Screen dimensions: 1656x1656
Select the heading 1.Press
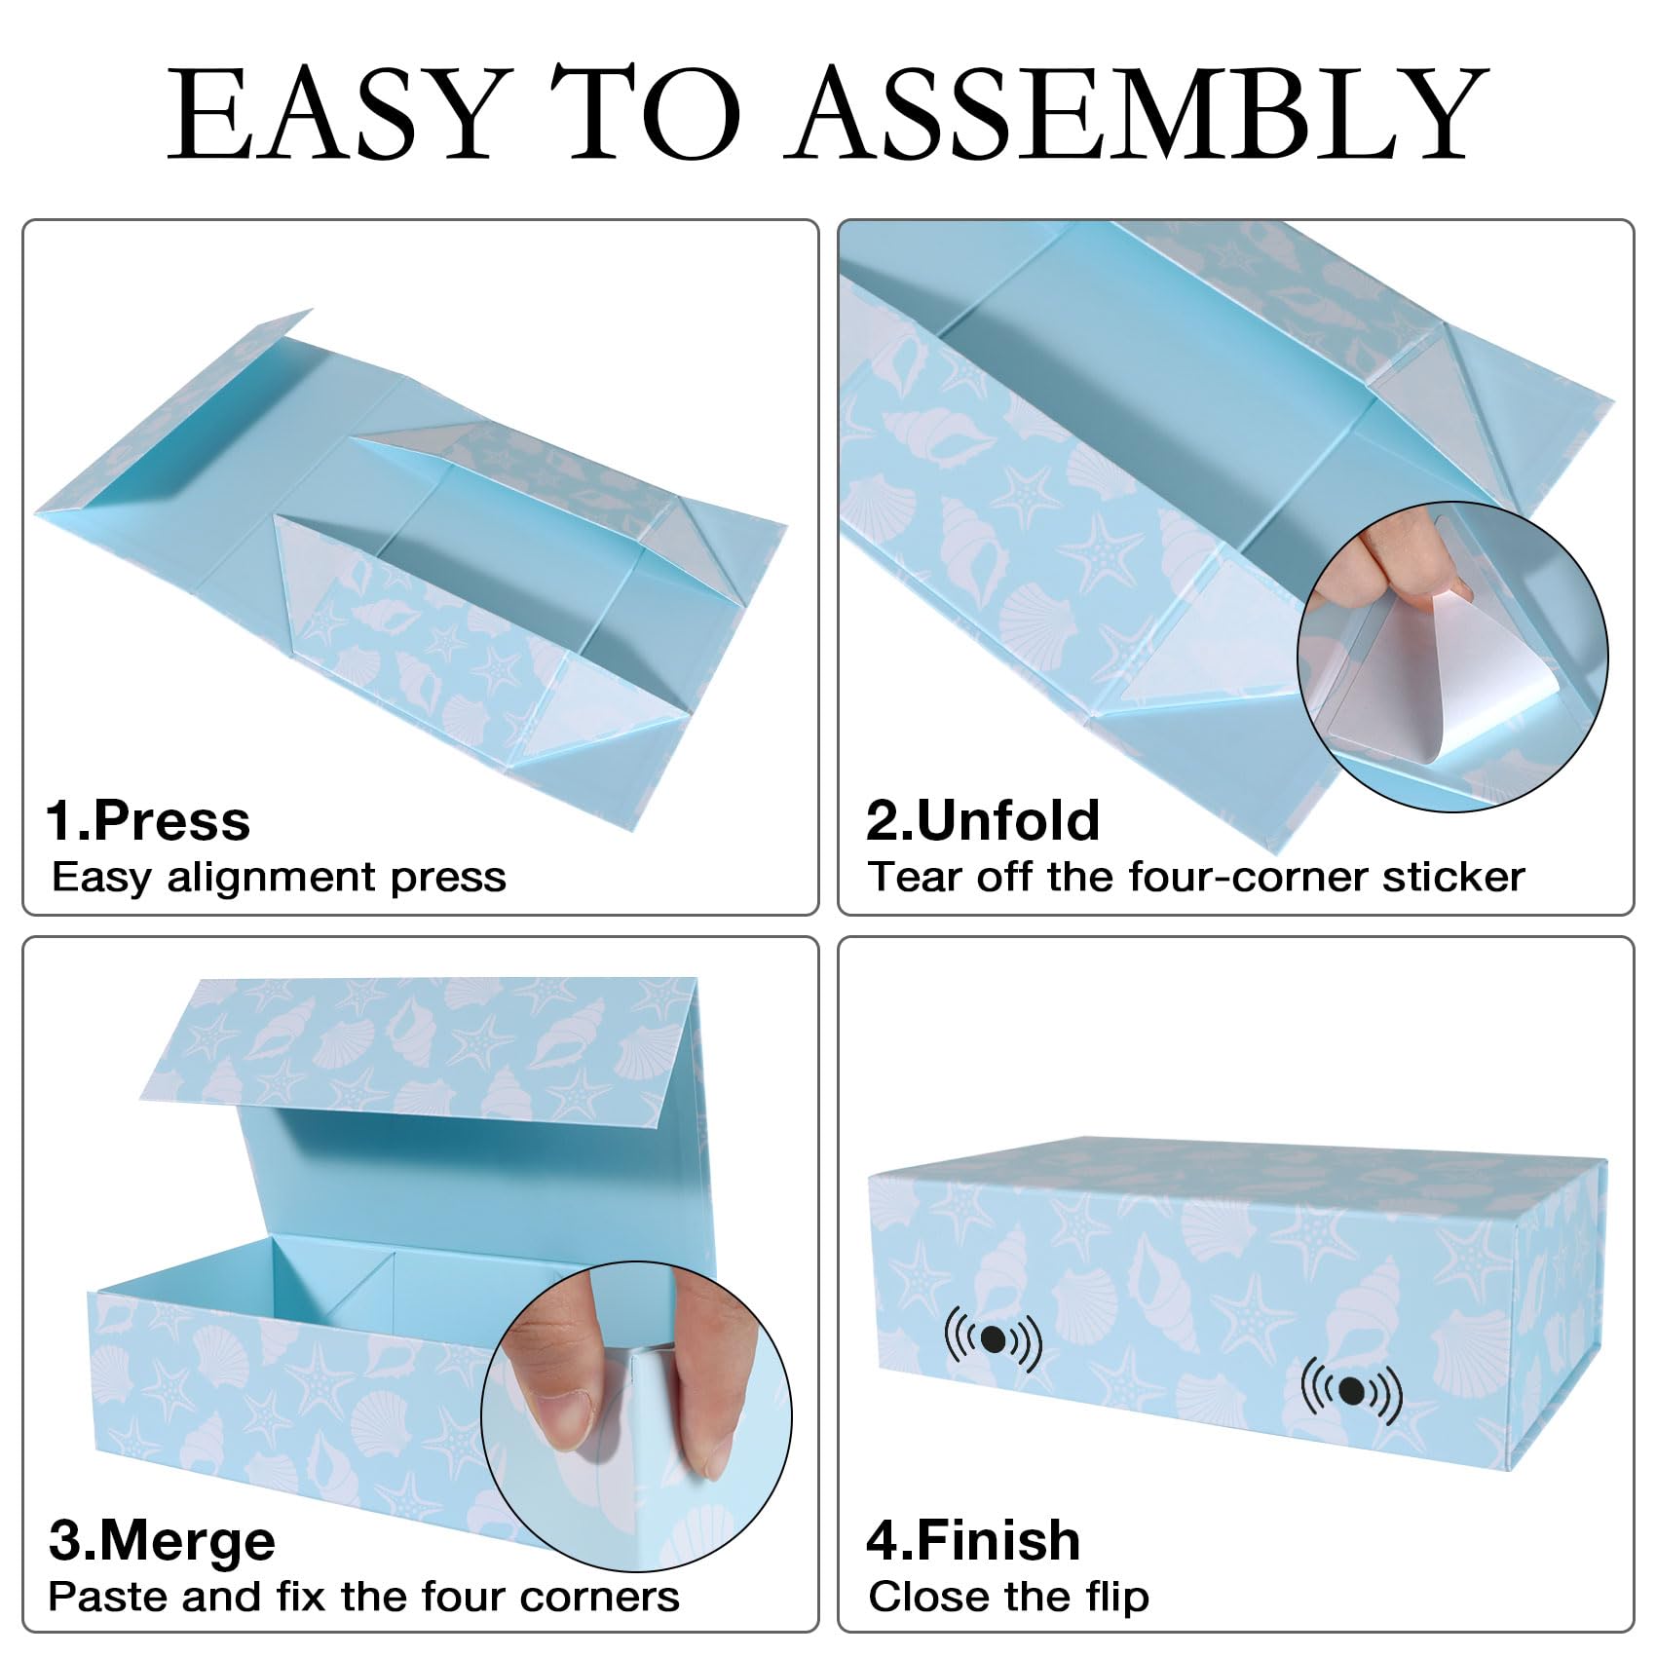coord(148,820)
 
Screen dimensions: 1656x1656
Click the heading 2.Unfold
coord(983,820)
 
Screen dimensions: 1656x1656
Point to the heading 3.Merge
coord(162,1541)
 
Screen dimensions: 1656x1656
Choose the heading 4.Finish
coord(973,1541)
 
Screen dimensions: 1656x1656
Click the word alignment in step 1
coord(278,878)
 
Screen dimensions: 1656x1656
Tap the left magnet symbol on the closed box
coord(993,1340)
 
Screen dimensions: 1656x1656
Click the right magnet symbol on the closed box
coord(1352,1390)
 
